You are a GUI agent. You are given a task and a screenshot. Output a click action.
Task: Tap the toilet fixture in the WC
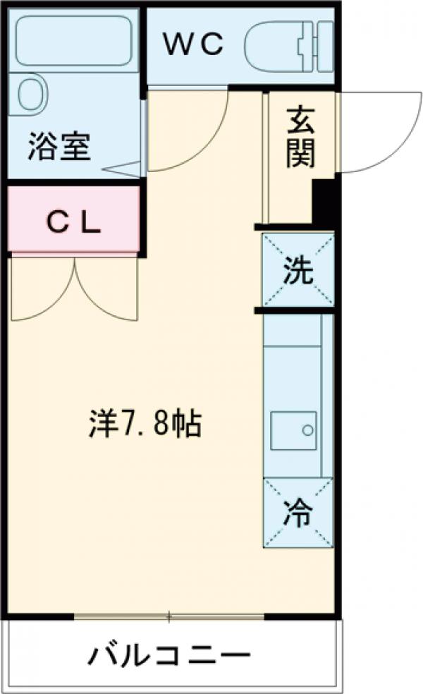tap(289, 46)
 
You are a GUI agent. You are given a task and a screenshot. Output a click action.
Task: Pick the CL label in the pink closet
tap(73, 222)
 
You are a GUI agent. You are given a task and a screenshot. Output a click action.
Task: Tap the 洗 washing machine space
tap(298, 271)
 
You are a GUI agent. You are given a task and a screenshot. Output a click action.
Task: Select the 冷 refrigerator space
tap(298, 512)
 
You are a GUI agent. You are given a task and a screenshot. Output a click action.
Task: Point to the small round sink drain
tap(307, 429)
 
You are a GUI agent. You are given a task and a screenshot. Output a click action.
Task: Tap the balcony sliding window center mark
tap(168, 618)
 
